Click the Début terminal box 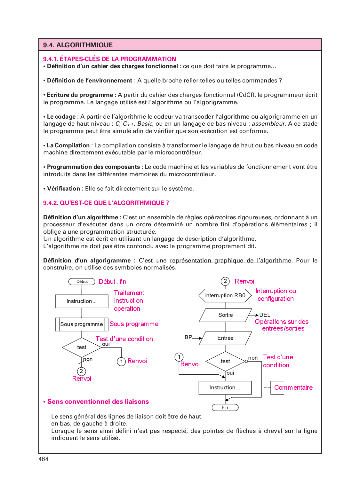tap(82, 282)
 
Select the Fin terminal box tap(225, 407)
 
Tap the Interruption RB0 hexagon tap(225, 295)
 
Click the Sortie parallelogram tap(225, 315)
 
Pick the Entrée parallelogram tap(225, 338)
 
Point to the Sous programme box tap(82, 324)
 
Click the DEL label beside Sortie tap(265, 315)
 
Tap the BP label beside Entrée tap(188, 337)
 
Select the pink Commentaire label tap(293, 387)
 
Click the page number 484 tap(44, 459)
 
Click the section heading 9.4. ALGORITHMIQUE tap(78, 45)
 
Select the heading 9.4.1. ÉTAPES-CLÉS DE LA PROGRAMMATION tap(109, 59)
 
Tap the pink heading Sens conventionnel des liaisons tap(98, 402)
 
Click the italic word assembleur tap(268, 124)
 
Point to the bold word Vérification tap(63, 189)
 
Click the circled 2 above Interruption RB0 tap(225, 281)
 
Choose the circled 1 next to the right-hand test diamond tap(179, 357)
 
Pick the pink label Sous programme tap(134, 324)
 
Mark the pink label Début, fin tap(113, 282)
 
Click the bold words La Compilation tap(68, 145)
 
